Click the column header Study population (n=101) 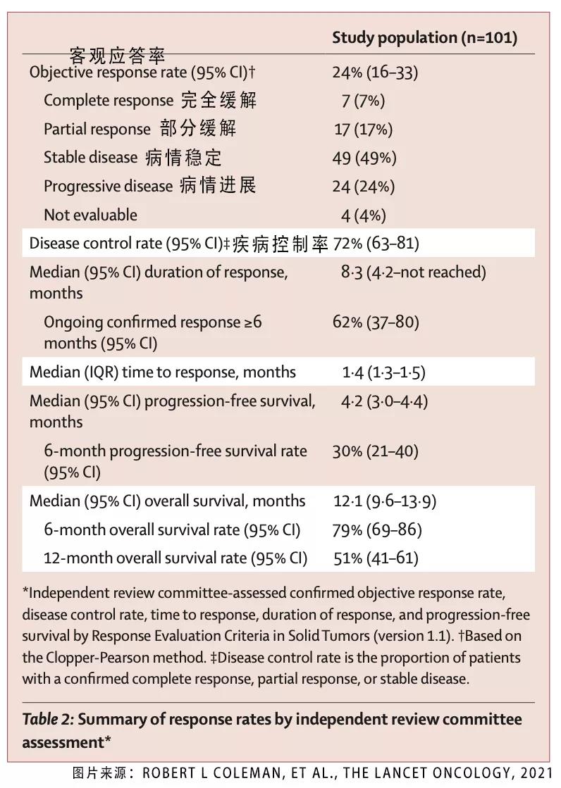424,38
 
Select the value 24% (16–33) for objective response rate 375,72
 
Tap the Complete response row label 108,101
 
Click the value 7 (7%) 363,101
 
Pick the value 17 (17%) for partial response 363,130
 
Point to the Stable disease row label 90,158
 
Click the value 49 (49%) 364,158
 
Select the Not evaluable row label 90,215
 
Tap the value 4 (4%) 364,215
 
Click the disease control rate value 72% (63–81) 376,244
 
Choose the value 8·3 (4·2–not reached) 414,273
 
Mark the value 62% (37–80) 376,323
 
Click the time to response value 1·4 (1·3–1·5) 383,373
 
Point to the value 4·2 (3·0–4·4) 384,401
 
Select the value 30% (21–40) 375,451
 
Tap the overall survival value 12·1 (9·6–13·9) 385,501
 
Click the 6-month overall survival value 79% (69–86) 376,530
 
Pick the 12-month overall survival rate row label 175,558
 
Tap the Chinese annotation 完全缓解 218,100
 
